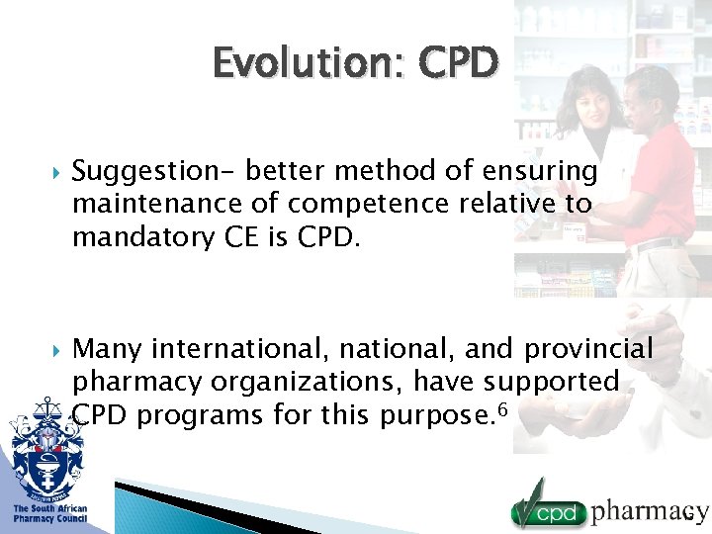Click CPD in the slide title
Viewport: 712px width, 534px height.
pos(459,63)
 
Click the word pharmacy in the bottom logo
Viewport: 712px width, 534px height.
pos(650,511)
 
